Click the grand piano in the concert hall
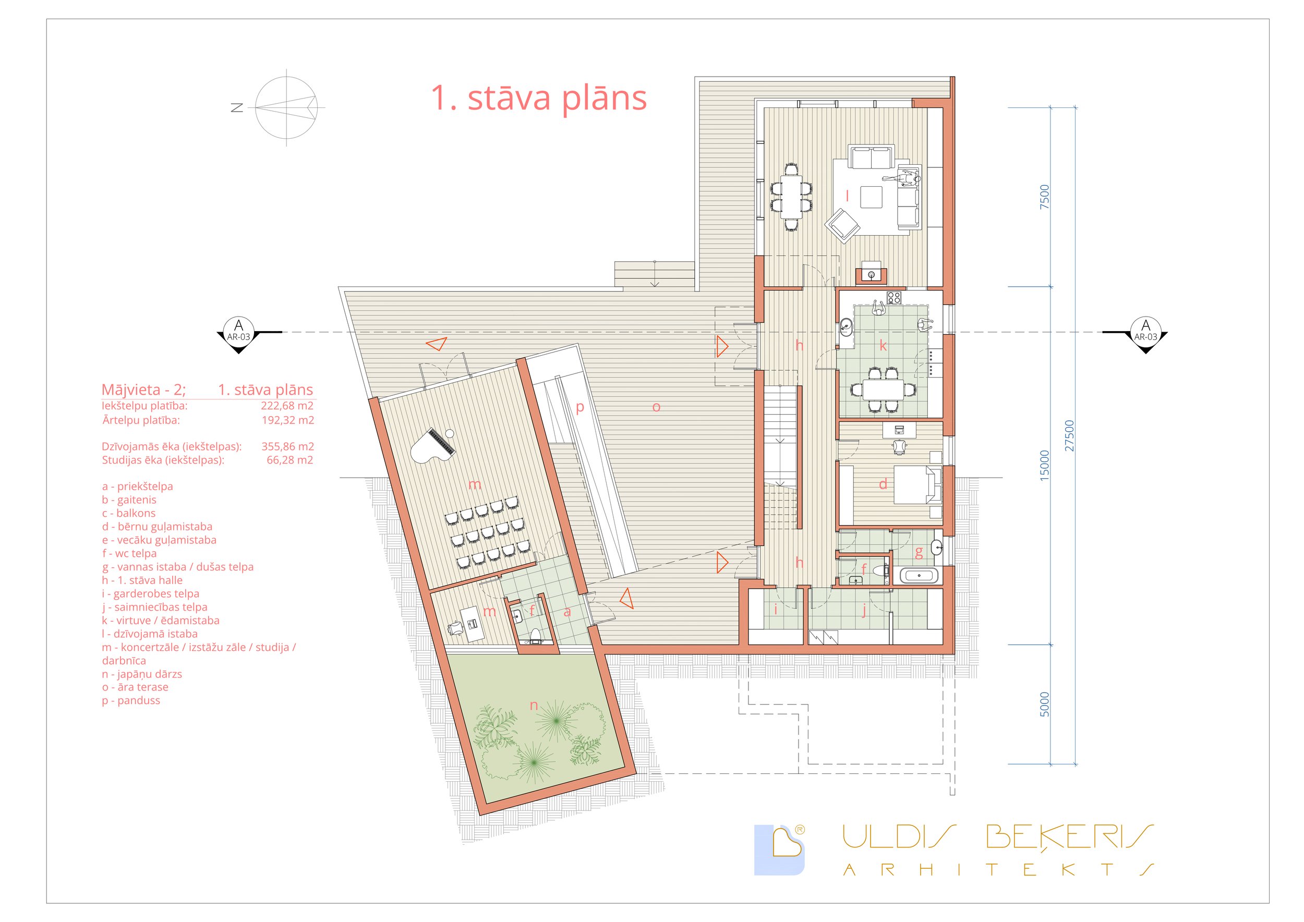(433, 446)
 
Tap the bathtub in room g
(919, 576)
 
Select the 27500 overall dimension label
(1069, 435)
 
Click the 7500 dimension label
(1044, 197)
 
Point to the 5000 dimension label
(1044, 704)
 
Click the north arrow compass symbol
(286, 107)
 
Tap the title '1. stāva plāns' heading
(538, 98)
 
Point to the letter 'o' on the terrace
(656, 407)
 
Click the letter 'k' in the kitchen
(883, 345)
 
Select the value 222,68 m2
(287, 405)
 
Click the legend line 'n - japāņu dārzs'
(142, 674)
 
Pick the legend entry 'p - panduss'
(131, 700)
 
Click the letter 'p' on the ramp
(580, 407)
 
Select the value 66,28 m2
(289, 460)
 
